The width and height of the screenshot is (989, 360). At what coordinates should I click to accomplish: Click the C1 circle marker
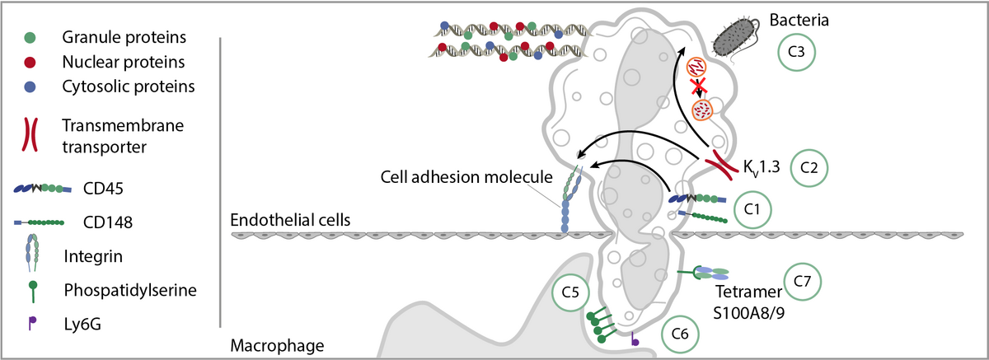pos(751,210)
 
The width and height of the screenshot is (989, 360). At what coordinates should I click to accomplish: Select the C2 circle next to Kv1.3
pos(809,168)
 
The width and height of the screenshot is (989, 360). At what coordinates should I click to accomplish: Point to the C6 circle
pos(681,334)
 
